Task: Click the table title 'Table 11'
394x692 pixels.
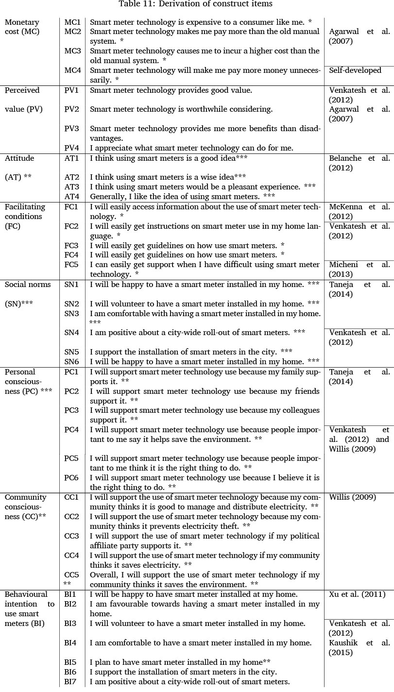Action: (197, 4)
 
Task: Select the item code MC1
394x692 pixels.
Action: (73, 22)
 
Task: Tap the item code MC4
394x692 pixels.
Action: (73, 70)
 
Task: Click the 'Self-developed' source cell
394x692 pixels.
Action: (355, 70)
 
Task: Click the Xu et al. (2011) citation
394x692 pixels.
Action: (357, 594)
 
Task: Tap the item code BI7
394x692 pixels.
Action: (71, 682)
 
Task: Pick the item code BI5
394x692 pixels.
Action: (71, 662)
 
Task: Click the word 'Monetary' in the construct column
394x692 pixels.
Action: (22, 22)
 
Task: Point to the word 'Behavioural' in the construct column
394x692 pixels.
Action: (26, 594)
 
